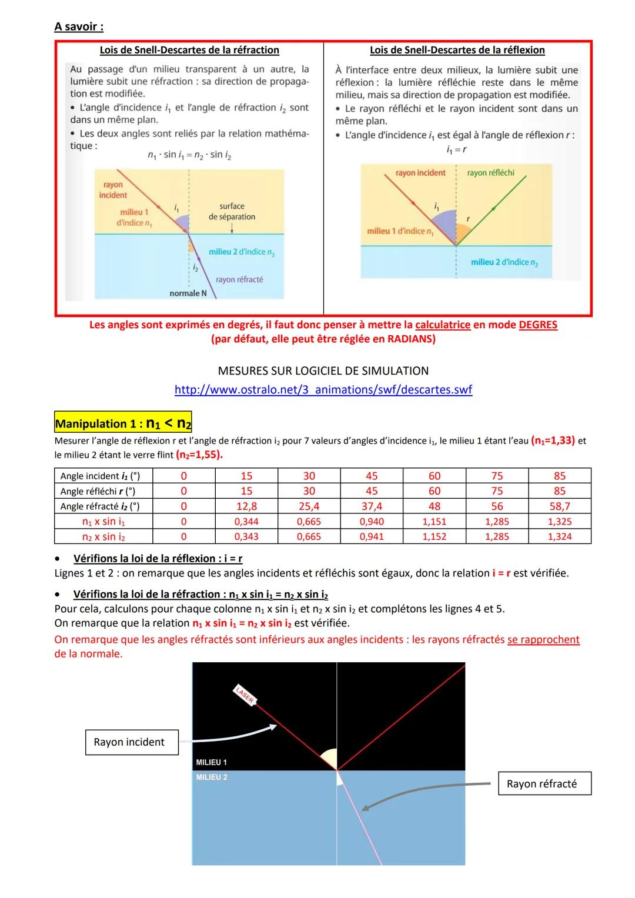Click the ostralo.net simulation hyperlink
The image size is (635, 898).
pyautogui.click(x=323, y=389)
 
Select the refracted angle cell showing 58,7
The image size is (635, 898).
pyautogui.click(x=559, y=506)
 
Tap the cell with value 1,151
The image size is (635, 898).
pyautogui.click(x=434, y=522)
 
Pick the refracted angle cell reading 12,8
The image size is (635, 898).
pyautogui.click(x=246, y=506)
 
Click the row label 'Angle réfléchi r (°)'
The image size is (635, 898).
pyautogui.click(x=98, y=491)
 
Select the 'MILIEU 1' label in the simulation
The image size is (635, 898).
pyautogui.click(x=211, y=762)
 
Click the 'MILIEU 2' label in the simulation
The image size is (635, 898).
pyautogui.click(x=211, y=777)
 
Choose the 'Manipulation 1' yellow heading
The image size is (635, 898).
pyautogui.click(x=123, y=423)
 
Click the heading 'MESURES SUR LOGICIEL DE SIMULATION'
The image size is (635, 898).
pyautogui.click(x=323, y=371)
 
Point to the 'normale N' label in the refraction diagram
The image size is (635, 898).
pyautogui.click(x=188, y=293)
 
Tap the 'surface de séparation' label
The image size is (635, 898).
pyautogui.click(x=232, y=211)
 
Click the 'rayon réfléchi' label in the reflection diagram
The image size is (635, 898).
pyautogui.click(x=490, y=173)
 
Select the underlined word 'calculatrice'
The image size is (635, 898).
pyautogui.click(x=443, y=325)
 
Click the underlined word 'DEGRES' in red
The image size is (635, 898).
pyautogui.click(x=538, y=325)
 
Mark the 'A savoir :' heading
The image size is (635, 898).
pyautogui.click(x=79, y=26)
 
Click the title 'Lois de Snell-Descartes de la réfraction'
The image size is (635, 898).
pyautogui.click(x=189, y=51)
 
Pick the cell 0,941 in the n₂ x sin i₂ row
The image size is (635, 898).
pyautogui.click(x=371, y=537)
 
